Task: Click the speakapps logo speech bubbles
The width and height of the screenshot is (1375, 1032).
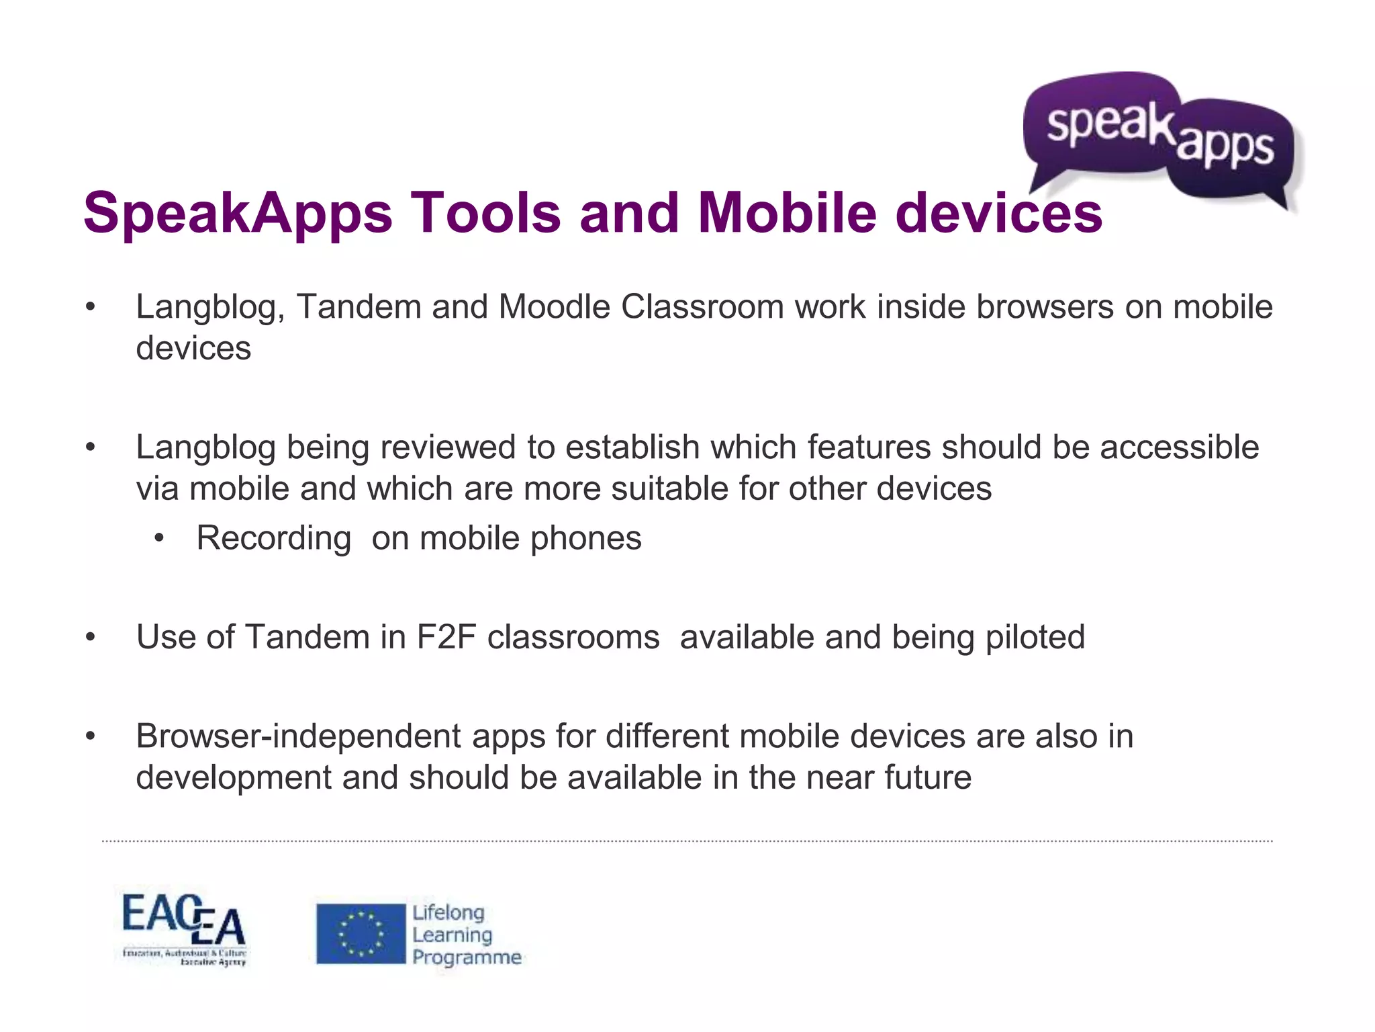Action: (1161, 138)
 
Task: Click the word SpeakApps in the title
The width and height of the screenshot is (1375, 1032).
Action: (237, 213)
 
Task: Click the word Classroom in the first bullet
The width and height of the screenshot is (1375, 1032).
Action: (702, 307)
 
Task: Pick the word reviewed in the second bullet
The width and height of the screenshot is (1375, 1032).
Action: (448, 447)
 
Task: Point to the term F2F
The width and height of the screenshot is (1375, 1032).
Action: (446, 637)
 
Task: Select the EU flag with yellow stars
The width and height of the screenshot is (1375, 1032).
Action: (361, 933)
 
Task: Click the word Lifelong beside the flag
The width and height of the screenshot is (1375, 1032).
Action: (448, 912)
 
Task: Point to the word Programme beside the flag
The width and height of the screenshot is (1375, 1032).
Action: (467, 957)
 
